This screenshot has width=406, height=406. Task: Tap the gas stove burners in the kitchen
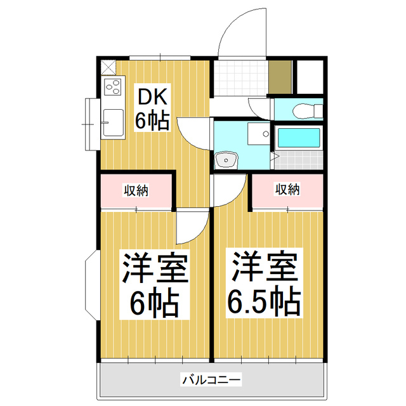point(113,88)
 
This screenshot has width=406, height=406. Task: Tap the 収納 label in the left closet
point(136,190)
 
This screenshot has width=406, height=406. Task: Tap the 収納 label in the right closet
point(287,189)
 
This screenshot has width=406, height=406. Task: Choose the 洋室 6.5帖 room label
point(264,285)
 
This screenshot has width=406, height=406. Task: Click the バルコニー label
point(211,380)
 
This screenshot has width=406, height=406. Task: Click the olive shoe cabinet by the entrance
point(279,77)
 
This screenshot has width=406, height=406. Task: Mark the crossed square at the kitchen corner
point(108,66)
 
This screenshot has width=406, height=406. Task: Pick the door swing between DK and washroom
point(193,131)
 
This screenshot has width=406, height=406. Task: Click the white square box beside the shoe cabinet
point(310,77)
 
